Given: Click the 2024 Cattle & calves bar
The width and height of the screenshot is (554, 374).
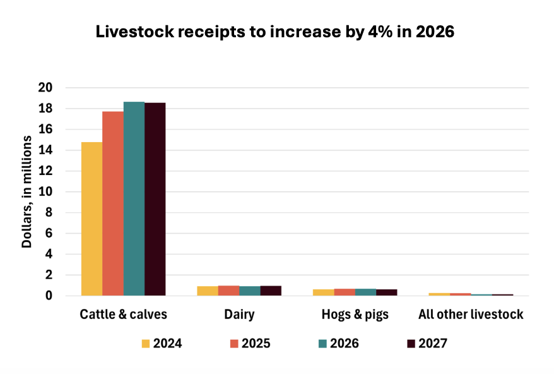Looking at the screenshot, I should [x=92, y=219].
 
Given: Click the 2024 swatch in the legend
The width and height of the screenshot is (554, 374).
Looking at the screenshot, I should [x=146, y=344].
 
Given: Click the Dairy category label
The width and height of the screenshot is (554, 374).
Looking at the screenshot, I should [x=239, y=314].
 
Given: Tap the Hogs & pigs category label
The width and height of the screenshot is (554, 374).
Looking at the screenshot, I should [x=355, y=314].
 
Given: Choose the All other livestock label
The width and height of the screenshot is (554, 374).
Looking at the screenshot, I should [x=471, y=314].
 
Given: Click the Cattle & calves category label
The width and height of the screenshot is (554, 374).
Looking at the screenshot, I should [x=124, y=314].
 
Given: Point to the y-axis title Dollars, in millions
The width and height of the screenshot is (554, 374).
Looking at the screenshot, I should [x=27, y=191].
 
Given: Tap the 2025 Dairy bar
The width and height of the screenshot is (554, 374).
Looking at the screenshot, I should [x=229, y=291].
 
